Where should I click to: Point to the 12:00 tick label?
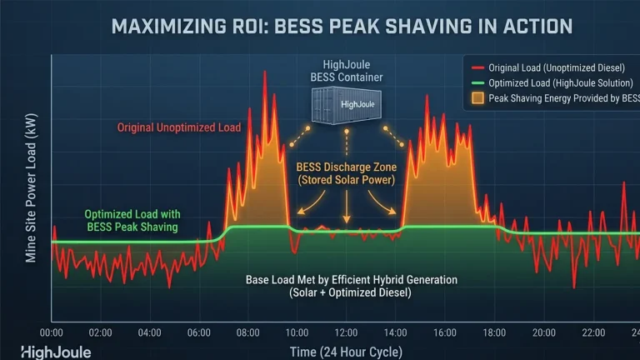347,332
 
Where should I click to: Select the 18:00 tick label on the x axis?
494,332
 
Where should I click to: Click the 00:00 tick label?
52,332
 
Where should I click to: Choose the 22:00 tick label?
592,332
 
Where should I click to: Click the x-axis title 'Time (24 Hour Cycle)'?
346,350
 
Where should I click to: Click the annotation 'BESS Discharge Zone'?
347,166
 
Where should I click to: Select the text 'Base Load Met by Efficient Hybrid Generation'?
352,280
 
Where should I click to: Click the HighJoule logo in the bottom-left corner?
56,352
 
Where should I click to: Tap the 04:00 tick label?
150,332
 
